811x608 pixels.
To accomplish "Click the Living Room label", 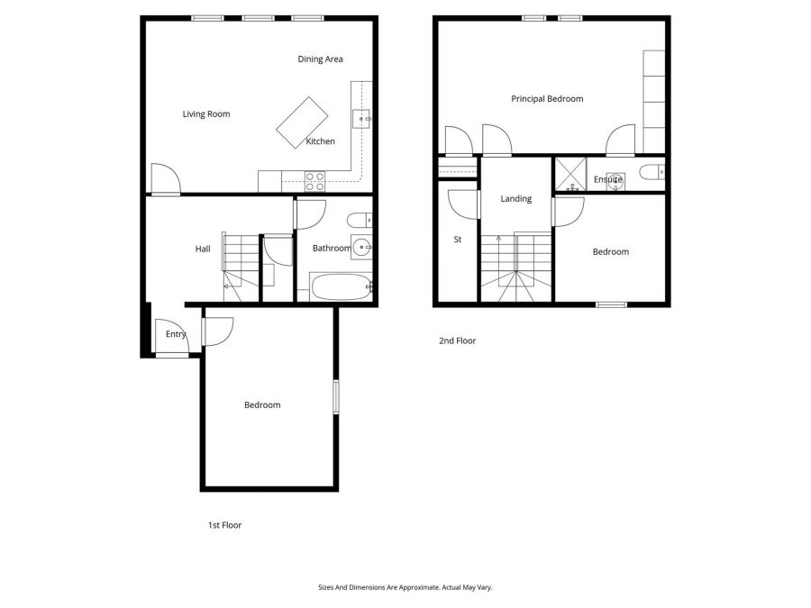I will [206, 114].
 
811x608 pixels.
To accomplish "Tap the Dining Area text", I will [320, 59].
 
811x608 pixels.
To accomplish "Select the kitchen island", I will [302, 123].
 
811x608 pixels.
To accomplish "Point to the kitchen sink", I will [362, 118].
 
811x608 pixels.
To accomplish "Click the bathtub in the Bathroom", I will [341, 288].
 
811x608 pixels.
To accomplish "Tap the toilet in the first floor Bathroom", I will [360, 219].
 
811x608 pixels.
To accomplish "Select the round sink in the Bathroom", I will [361, 246].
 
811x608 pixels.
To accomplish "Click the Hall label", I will [203, 249].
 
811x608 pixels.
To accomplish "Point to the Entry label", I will [176, 335].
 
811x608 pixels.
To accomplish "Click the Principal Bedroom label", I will [547, 99].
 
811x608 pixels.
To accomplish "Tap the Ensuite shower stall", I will [569, 175].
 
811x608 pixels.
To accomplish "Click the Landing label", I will [516, 199].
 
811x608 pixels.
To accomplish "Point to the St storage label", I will [458, 240].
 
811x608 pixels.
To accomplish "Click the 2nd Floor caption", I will [457, 341].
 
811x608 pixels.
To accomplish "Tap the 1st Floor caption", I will [223, 525].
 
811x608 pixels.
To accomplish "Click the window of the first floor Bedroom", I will [335, 398].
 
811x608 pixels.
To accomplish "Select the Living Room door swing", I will [164, 178].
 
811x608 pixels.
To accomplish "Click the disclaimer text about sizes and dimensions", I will [405, 587].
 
